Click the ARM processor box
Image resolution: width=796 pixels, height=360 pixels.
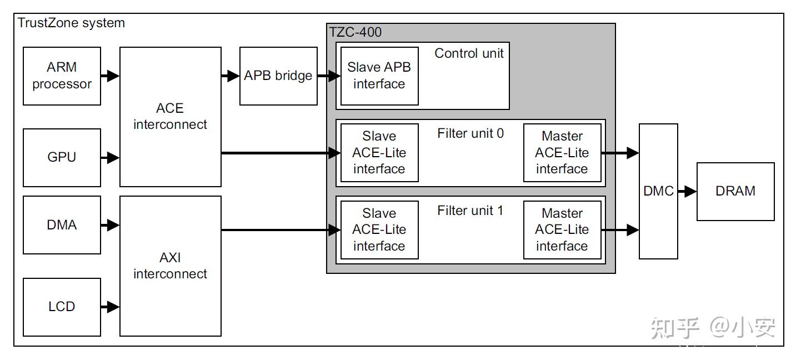pos(62,76)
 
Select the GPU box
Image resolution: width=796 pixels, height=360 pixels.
pos(62,157)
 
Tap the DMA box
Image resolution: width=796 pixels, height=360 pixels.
pos(62,225)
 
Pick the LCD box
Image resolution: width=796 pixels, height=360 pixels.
pos(62,307)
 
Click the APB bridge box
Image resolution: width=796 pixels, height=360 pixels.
pos(278,76)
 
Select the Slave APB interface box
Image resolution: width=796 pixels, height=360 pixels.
pos(379,76)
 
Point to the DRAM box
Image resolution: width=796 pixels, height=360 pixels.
pos(735,191)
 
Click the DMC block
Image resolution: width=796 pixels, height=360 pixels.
pos(658,191)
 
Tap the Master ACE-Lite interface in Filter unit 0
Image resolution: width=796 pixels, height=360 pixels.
pos(562,153)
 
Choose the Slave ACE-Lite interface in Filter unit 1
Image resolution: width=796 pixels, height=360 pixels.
pos(379,229)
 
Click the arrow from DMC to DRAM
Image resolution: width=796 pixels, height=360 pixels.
pos(687,191)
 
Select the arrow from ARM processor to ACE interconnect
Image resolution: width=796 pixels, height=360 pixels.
pos(110,76)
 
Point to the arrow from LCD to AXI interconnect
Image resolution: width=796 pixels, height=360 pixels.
pos(110,307)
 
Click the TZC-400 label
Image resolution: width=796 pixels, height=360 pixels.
pos(356,32)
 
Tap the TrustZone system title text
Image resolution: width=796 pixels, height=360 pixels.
pos(72,23)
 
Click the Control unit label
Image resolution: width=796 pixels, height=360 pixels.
pos(469,53)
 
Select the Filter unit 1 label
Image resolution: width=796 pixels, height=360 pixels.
pos(470,211)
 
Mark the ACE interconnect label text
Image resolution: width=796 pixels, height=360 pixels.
pos(170,116)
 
